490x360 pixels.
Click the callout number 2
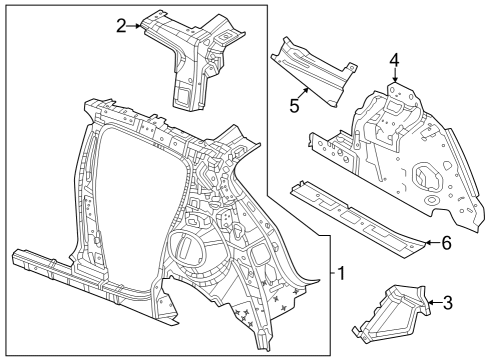tap(121, 25)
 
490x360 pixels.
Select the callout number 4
tap(394, 59)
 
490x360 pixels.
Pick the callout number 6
tap(446, 242)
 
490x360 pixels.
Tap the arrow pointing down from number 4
tap(394, 76)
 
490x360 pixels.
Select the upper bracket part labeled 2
tap(190, 55)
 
